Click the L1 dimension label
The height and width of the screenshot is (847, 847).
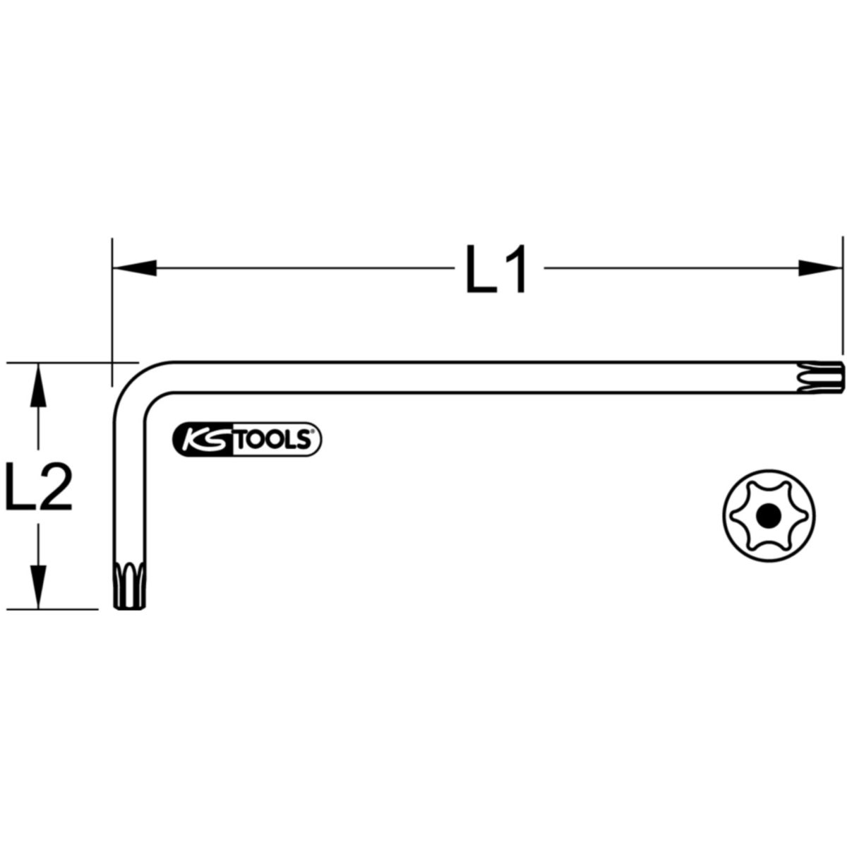(495, 268)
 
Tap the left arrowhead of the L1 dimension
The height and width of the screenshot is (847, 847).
(135, 268)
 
